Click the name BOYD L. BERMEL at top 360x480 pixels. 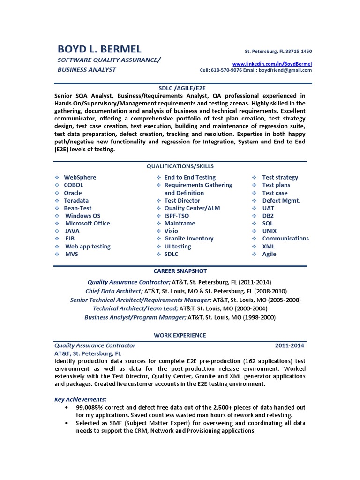pos(99,49)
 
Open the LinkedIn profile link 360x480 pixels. pos(272,63)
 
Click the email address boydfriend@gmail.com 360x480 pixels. pos(286,70)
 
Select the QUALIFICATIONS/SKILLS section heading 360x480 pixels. pos(180,166)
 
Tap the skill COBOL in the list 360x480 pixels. pos(74,185)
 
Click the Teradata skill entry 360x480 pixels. pos(76,201)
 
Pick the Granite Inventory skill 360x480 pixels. pos(189,239)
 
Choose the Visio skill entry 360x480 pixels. pos(172,231)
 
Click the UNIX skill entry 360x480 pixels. pos(270,231)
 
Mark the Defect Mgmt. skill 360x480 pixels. pos(281,201)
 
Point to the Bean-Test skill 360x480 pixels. pos(78,208)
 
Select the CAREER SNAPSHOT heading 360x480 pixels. pos(180,271)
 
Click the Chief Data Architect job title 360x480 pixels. pos(114,291)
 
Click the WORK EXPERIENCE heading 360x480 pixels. pos(180,335)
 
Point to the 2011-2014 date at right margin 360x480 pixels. pos(289,345)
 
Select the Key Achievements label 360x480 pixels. pos(80,399)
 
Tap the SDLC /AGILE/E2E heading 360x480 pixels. pos(180,88)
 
